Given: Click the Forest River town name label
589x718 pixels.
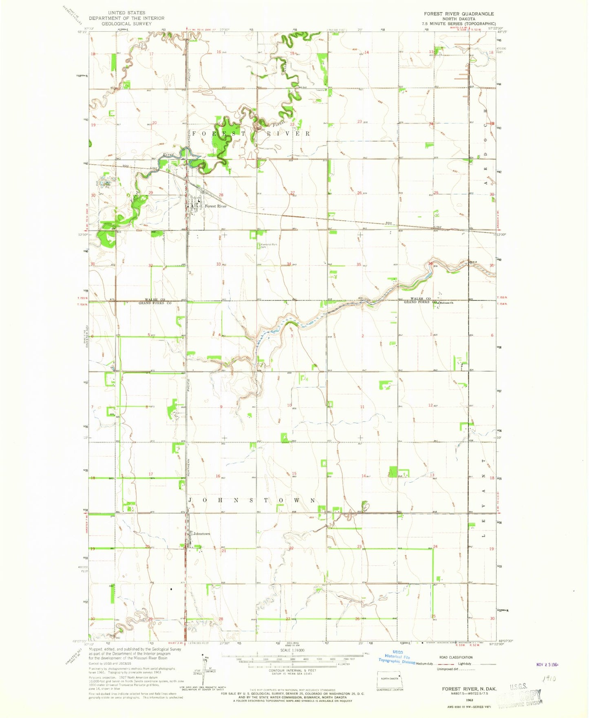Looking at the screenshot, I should [x=216, y=206].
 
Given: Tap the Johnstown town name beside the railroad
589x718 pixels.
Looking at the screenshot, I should [x=201, y=534].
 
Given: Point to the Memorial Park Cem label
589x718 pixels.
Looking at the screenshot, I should [x=269, y=246].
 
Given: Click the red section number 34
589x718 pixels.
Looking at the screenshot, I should [x=289, y=264].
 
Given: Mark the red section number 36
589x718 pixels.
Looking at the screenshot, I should [x=430, y=263].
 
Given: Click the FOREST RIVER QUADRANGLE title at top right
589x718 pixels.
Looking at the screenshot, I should [x=459, y=14].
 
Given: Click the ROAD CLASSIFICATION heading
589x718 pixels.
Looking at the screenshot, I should [x=456, y=657].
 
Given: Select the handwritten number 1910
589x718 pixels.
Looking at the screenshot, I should [x=551, y=680].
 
